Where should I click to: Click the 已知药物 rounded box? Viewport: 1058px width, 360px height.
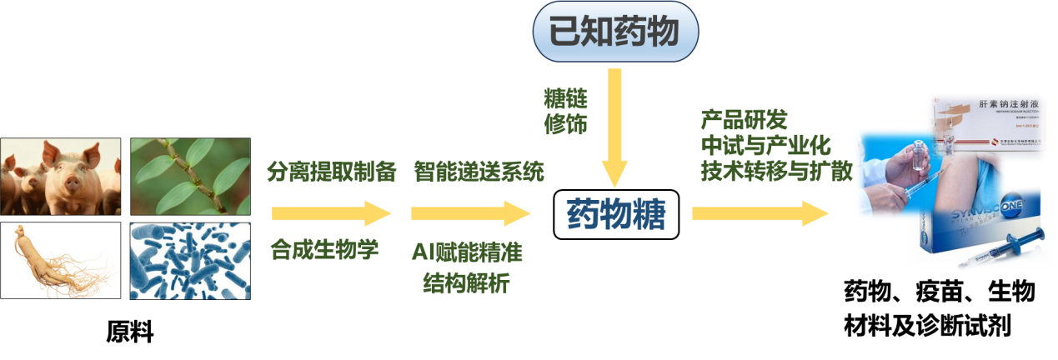614,32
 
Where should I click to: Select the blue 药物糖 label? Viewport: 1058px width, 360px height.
616,215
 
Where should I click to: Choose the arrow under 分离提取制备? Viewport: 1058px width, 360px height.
331,213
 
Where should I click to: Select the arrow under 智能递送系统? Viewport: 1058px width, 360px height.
470,213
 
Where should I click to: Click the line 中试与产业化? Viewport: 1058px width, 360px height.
765,145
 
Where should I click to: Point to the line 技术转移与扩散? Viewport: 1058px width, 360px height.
776,170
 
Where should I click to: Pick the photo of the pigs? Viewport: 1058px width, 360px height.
60,176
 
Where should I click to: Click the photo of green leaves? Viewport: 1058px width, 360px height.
190,176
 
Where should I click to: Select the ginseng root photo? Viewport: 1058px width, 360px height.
60,261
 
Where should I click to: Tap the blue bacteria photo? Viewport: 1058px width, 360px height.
190,261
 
